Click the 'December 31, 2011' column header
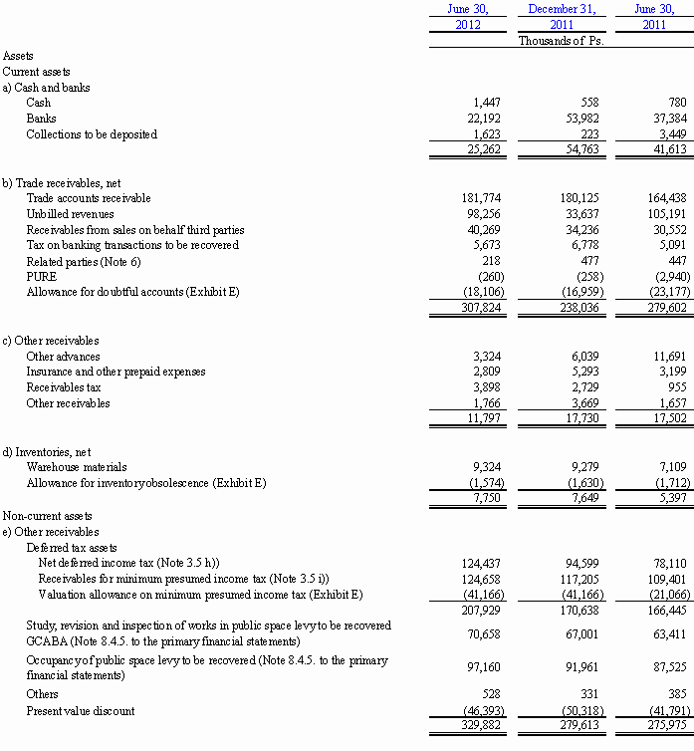coord(561,17)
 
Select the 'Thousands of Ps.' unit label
coord(561,41)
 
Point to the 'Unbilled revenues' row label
coord(70,214)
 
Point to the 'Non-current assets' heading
coord(47,516)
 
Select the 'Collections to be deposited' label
coord(92,134)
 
